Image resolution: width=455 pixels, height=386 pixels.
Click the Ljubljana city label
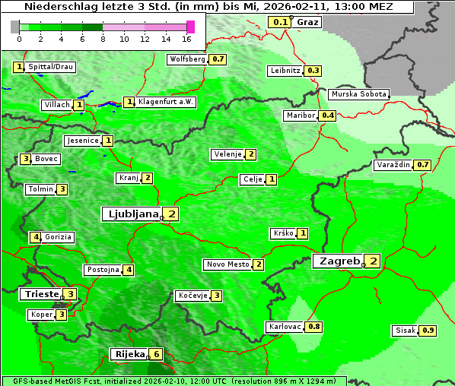(131, 214)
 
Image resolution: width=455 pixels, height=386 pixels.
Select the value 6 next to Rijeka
(156, 354)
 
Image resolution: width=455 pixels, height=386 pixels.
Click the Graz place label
(307, 21)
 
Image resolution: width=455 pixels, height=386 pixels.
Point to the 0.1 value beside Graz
(280, 21)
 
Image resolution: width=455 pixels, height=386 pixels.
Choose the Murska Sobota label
(358, 94)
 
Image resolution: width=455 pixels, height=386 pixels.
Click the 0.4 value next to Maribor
(327, 115)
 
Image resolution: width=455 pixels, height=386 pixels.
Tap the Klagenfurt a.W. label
(166, 102)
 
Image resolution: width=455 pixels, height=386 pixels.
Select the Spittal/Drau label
(50, 67)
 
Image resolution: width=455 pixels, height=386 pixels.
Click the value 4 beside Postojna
(129, 270)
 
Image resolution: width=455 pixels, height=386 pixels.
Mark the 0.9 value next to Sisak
(428, 331)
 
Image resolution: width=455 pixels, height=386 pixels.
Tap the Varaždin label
(393, 165)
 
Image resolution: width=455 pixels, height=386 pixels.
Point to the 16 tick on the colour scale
(187, 38)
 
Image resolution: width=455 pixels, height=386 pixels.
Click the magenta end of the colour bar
(190, 27)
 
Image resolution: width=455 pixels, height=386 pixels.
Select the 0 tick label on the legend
(18, 38)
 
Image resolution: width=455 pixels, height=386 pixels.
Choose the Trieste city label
(41, 294)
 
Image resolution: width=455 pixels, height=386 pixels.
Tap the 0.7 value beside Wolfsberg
(218, 59)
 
